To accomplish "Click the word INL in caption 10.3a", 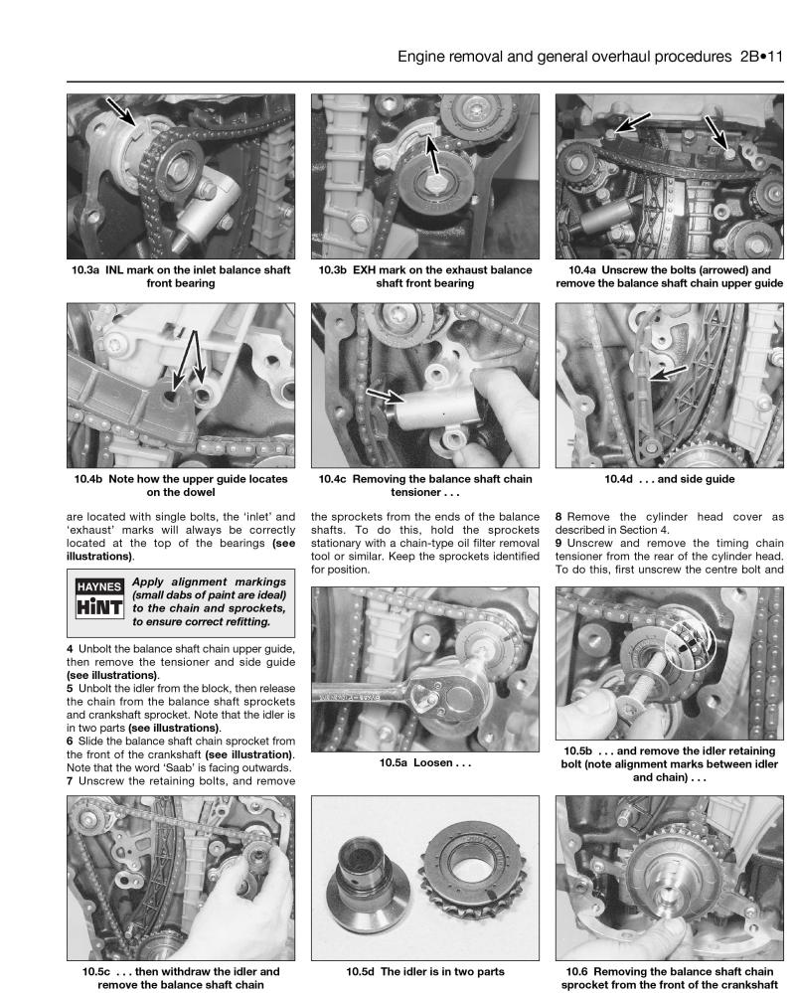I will tap(133, 269).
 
